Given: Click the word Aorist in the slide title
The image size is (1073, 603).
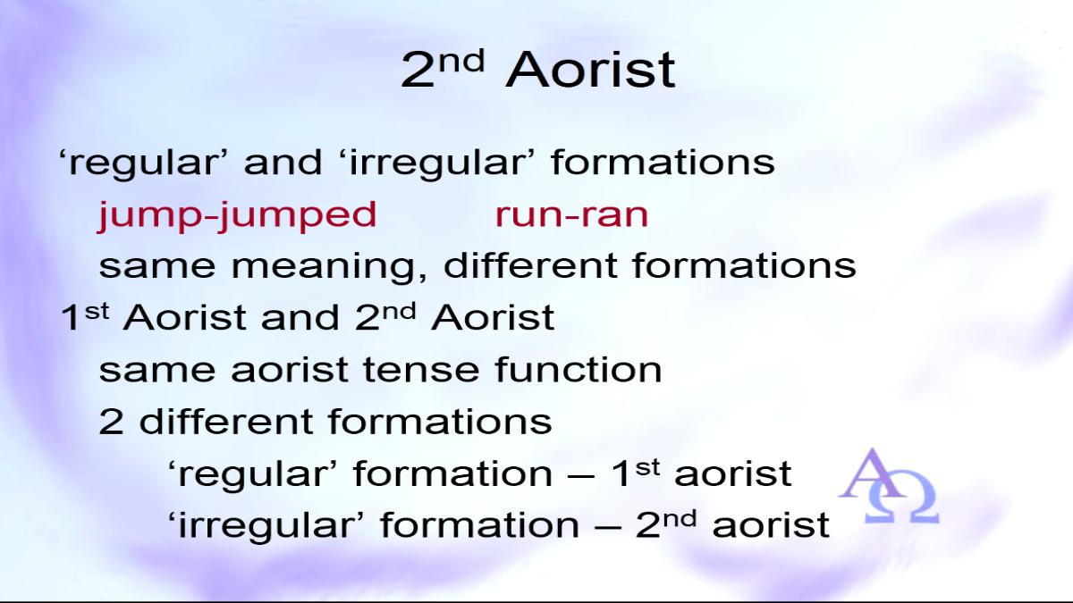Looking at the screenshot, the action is pos(590,70).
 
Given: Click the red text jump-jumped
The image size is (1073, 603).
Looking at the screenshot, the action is pos(237,216).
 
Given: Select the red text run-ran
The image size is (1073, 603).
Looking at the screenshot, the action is pos(571,215).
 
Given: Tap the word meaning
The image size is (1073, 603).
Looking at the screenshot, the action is pos(329,267).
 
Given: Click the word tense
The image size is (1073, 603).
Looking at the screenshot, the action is pos(421,370).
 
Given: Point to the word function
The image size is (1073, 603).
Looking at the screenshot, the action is pos(579,370).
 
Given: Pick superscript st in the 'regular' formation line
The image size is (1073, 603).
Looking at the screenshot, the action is pos(647,467).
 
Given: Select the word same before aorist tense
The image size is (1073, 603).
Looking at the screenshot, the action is pos(157,371).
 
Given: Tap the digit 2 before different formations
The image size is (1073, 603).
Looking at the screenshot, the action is pos(111,422).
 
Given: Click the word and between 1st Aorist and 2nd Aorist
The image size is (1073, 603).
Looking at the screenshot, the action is pos(300,317).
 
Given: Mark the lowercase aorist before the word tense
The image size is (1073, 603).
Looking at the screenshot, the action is pos(290,370).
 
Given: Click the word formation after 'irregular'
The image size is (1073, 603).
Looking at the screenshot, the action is pos(479,525).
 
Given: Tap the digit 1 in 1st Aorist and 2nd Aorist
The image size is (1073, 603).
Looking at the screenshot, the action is pos(70,317).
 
